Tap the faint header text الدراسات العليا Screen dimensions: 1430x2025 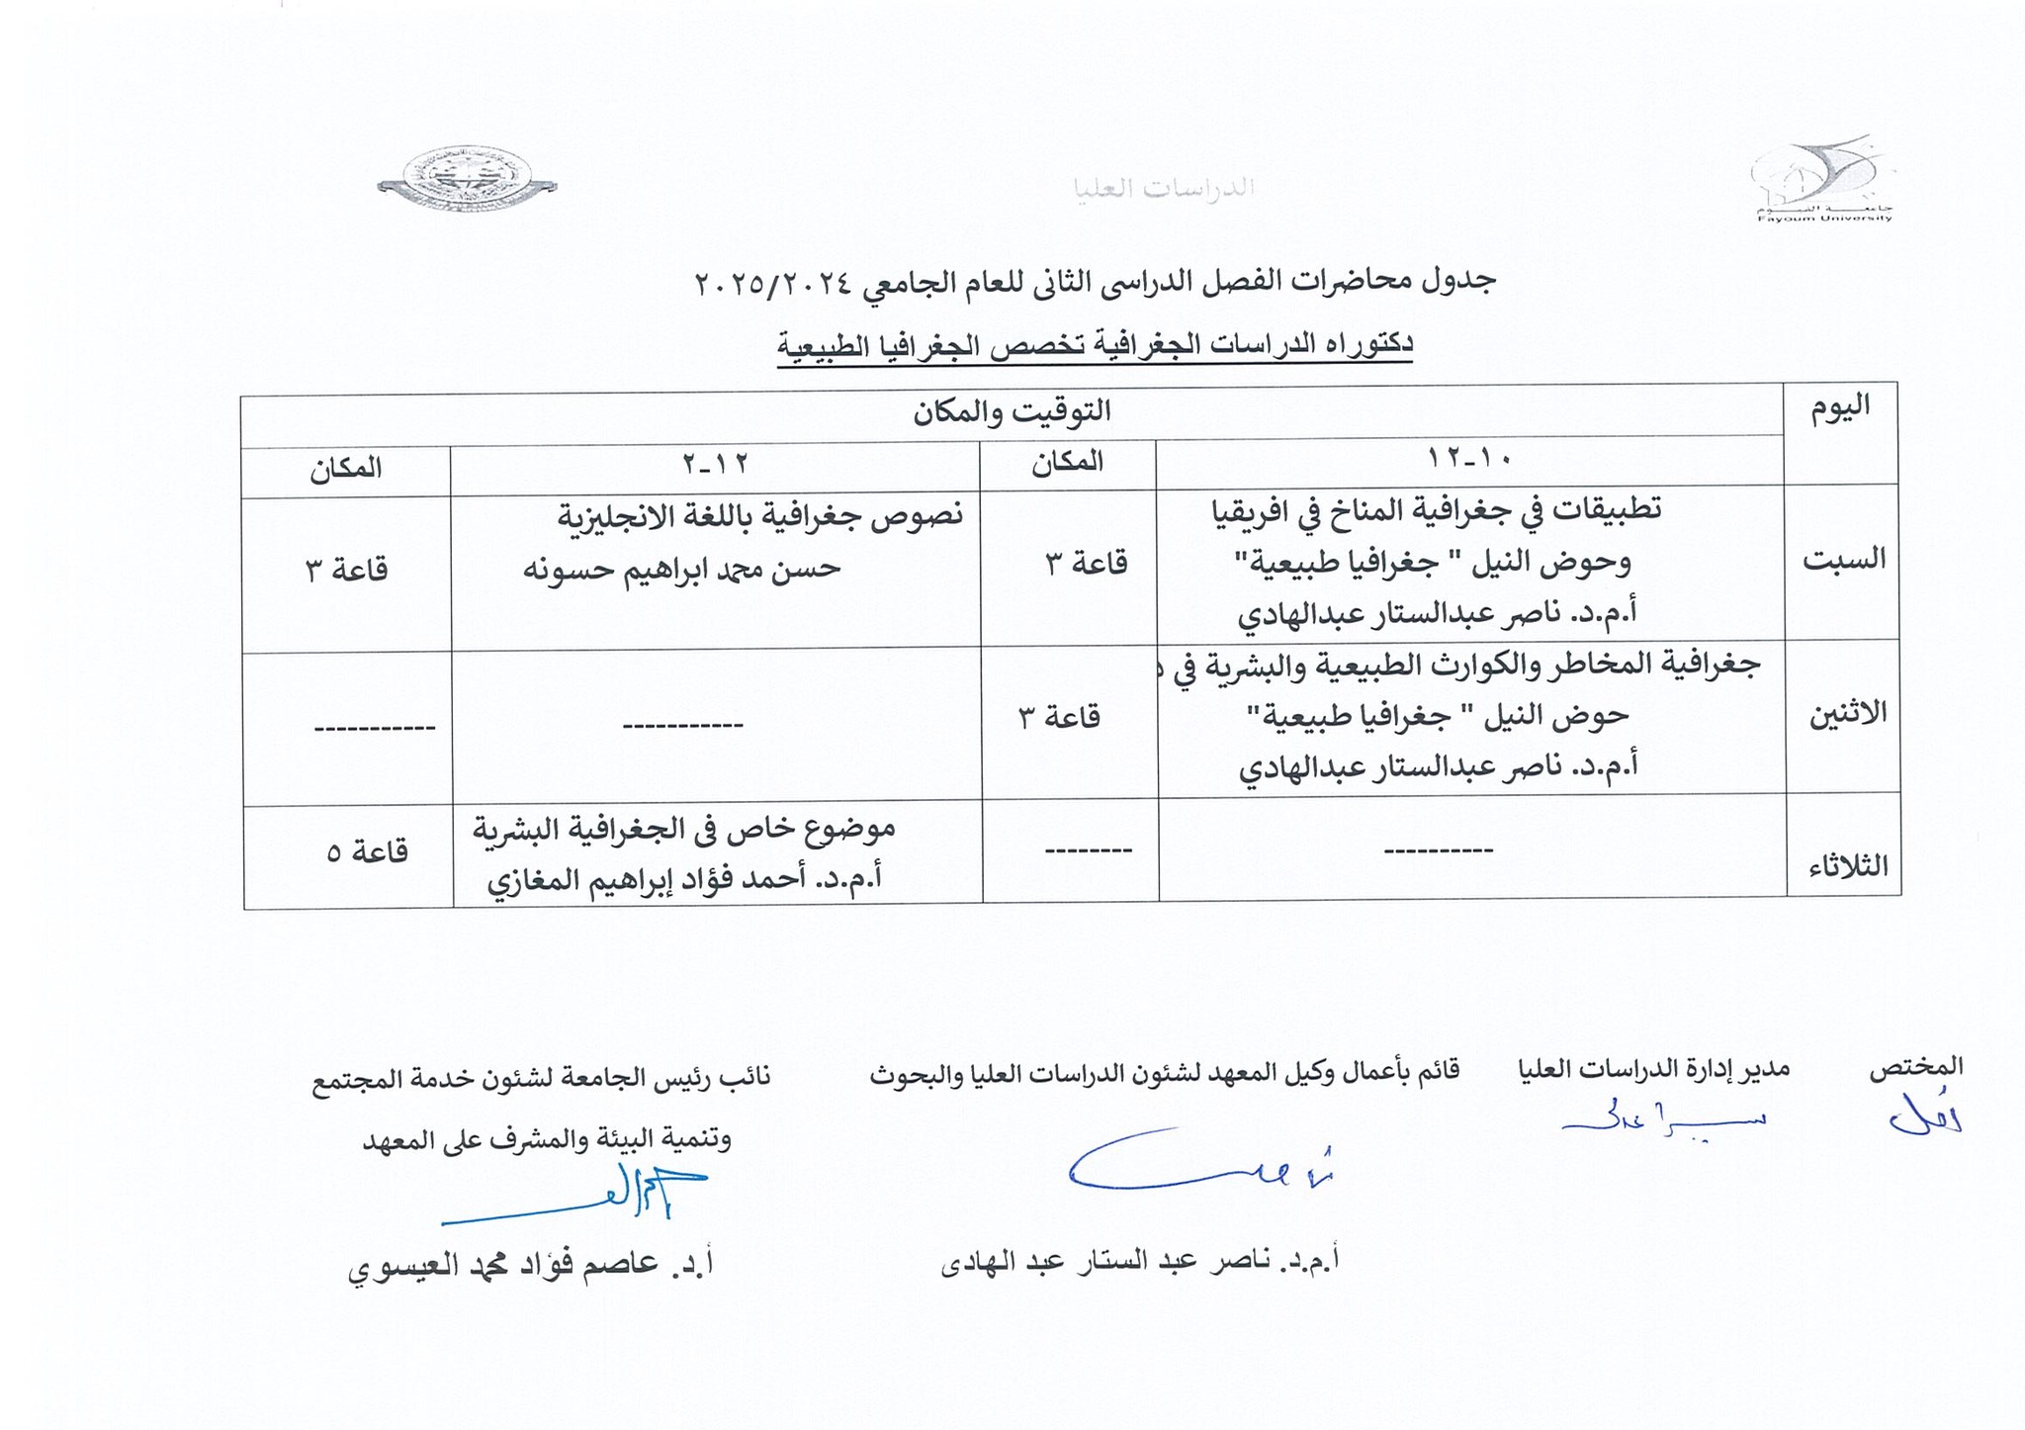click(1164, 188)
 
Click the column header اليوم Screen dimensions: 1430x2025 click(1840, 407)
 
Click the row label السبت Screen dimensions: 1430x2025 click(1844, 560)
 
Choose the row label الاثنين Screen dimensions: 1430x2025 click(1845, 714)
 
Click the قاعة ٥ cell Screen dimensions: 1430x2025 click(367, 852)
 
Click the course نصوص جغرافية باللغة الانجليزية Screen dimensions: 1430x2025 click(761, 515)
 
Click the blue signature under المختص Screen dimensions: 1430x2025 click(1924, 1118)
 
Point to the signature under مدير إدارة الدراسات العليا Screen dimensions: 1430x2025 click(1662, 1119)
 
